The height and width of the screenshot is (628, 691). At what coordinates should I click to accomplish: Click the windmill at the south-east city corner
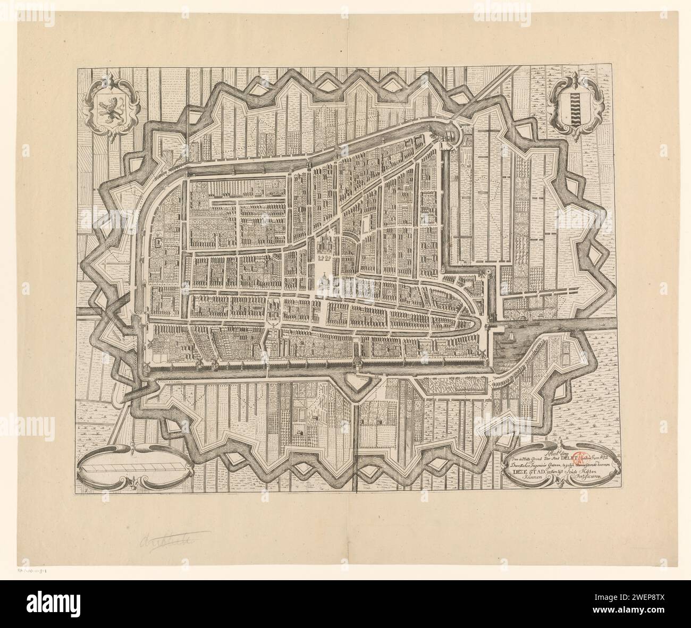pos(482,354)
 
